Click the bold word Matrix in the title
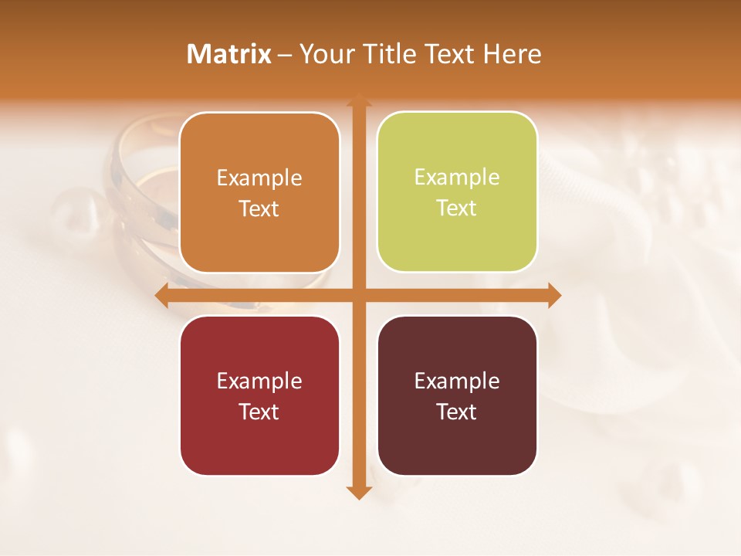pyautogui.click(x=229, y=54)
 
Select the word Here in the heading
pyautogui.click(x=513, y=54)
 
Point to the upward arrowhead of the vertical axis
pyautogui.click(x=357, y=100)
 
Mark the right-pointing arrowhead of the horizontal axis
pyautogui.click(x=553, y=295)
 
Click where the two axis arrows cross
pyautogui.click(x=357, y=295)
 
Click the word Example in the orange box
pyautogui.click(x=259, y=178)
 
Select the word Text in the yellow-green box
pyautogui.click(x=457, y=208)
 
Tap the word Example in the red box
pyautogui.click(x=259, y=381)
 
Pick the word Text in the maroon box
pyautogui.click(x=457, y=412)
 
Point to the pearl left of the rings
pyautogui.click(x=77, y=212)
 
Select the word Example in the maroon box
pyautogui.click(x=457, y=381)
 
